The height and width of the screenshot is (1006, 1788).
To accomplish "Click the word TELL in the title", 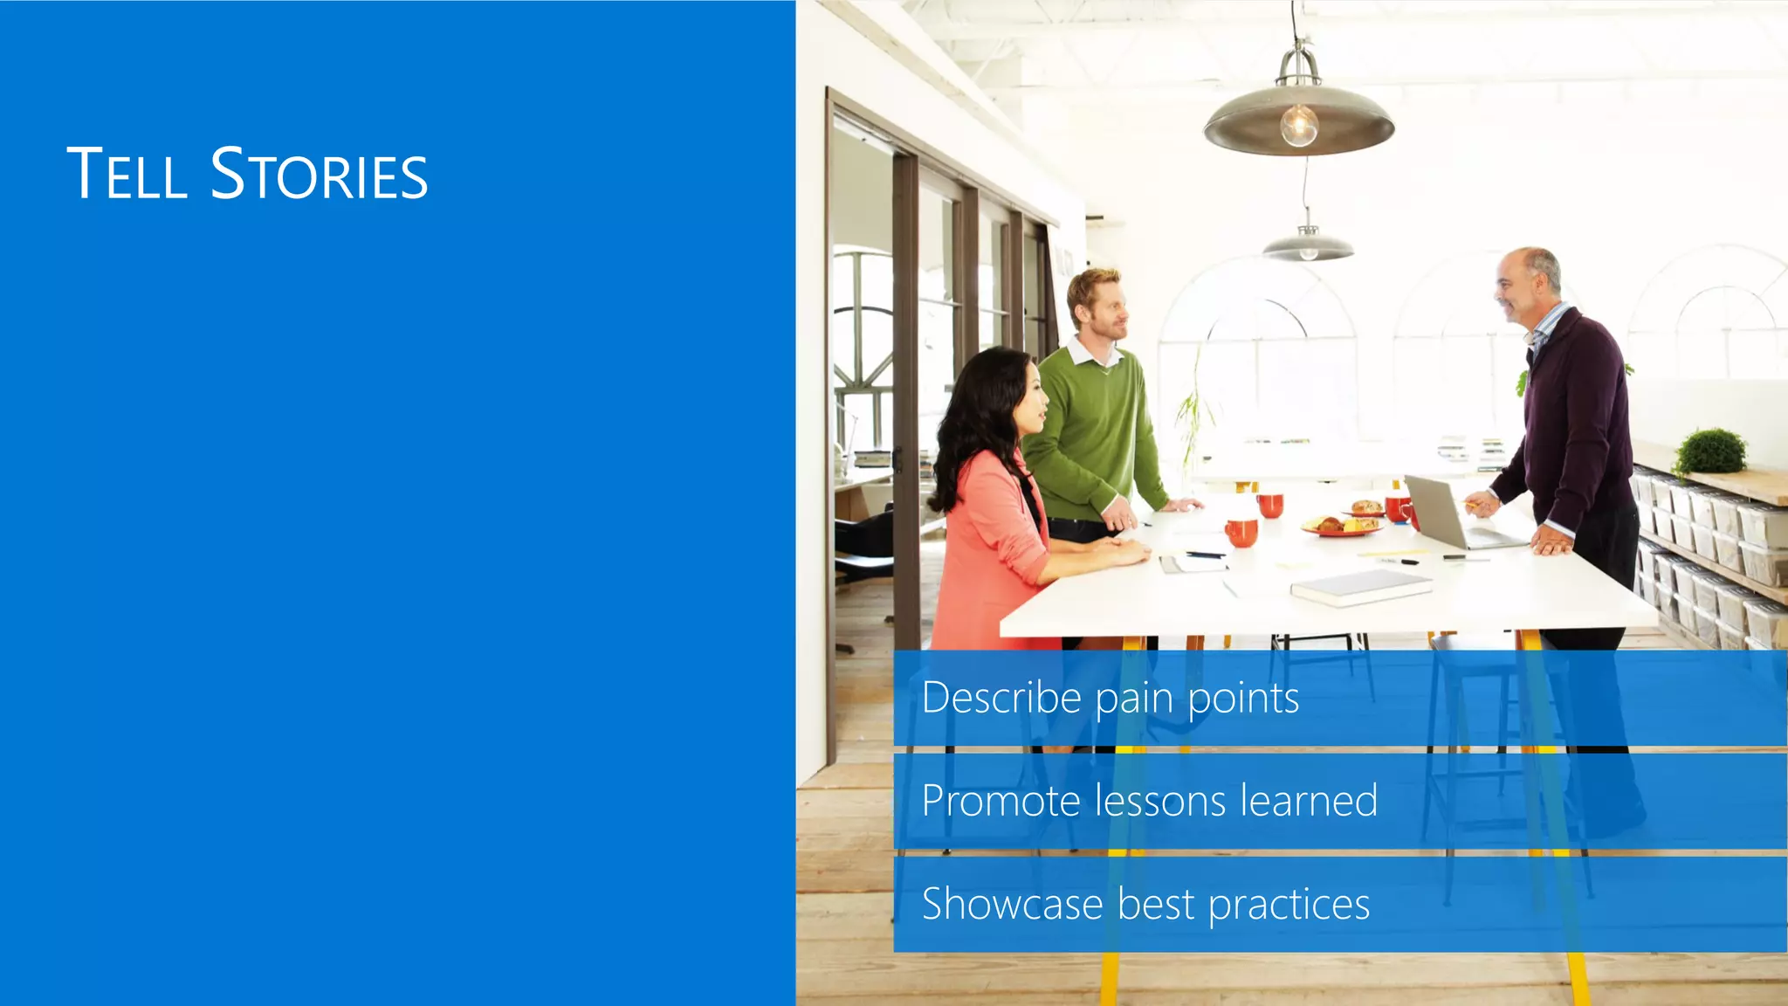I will click(x=127, y=174).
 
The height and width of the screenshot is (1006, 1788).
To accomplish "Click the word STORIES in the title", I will click(x=320, y=174).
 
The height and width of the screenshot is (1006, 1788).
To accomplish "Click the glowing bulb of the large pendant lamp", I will click(x=1299, y=125).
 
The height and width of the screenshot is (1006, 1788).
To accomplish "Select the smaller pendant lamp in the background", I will click(x=1307, y=245).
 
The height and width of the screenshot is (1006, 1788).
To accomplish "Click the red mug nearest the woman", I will click(x=1241, y=532).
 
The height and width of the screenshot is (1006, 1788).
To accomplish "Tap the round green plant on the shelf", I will click(x=1712, y=451).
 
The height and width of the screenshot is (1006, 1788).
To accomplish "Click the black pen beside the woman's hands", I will click(x=1205, y=555).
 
